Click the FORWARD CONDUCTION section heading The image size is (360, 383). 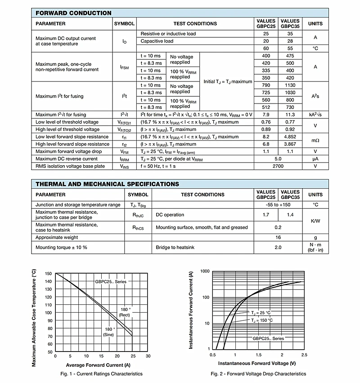coord(73,14)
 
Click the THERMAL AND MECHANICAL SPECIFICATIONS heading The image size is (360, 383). coord(107,184)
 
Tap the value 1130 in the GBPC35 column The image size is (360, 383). coord(290,85)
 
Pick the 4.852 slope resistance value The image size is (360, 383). coord(290,137)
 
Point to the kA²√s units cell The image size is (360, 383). coord(315,115)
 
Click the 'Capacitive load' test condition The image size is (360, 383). coord(157,41)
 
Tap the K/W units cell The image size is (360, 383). coord(315,221)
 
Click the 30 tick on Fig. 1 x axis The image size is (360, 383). coord(148,356)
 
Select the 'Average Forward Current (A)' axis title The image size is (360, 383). coord(98,365)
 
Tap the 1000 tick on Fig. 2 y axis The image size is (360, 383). coord(205,271)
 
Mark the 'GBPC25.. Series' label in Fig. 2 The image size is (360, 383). coord(268,338)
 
